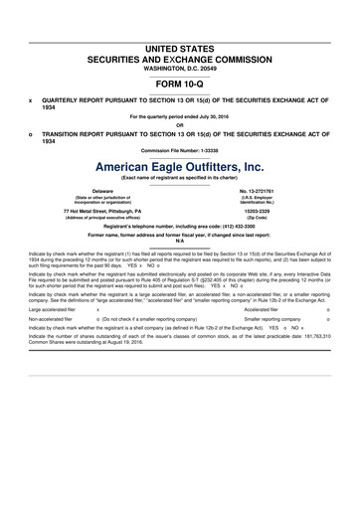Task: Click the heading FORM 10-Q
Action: [180, 84]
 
